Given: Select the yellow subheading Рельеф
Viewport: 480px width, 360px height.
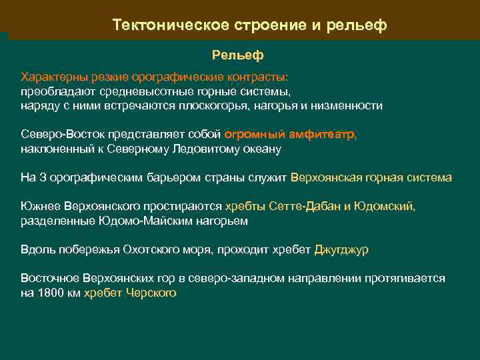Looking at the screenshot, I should (238, 54).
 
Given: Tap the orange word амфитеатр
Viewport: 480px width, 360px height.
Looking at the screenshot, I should (323, 135).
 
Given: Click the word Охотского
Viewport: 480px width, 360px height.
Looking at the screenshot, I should (151, 250).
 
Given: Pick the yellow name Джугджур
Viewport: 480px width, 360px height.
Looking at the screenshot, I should (341, 250).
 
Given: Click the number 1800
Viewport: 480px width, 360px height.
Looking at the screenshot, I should (49, 293).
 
